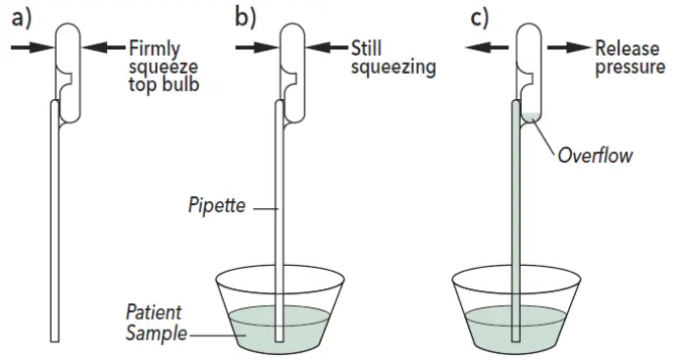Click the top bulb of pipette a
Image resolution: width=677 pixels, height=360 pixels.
66,54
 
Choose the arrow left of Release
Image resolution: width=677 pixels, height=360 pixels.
569,45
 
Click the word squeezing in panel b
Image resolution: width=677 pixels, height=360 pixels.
392,68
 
